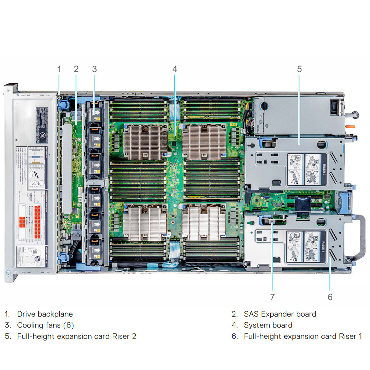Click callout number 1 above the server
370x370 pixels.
(59, 69)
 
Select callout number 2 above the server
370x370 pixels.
(76, 69)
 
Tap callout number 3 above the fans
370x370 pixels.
(95, 69)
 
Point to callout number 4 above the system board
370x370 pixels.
(175, 69)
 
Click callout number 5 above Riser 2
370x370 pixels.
(299, 69)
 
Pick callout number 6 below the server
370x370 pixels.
(330, 297)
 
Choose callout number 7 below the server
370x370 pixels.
(272, 297)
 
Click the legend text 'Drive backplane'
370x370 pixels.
(45, 314)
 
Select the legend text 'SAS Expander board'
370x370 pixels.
(280, 314)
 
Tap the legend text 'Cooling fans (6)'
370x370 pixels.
(46, 325)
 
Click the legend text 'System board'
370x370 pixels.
(268, 325)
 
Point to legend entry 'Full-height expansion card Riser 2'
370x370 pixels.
(77, 336)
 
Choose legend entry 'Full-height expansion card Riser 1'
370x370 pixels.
(303, 336)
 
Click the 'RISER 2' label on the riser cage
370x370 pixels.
(325, 169)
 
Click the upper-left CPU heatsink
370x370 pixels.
(145, 141)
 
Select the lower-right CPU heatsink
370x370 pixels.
(204, 223)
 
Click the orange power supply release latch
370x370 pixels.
(349, 126)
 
